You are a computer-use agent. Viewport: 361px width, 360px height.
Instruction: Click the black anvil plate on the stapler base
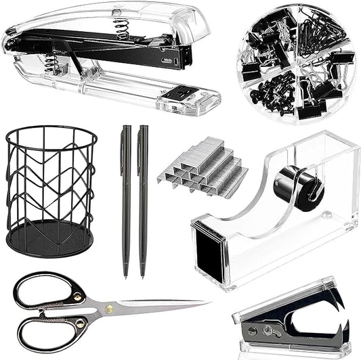(x=180, y=95)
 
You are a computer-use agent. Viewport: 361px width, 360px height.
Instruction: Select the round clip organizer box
(x=294, y=62)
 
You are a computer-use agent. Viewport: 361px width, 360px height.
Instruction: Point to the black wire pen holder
(x=51, y=189)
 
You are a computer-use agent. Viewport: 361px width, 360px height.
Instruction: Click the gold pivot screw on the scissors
(x=109, y=309)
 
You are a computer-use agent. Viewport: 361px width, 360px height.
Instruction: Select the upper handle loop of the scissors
(x=44, y=290)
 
